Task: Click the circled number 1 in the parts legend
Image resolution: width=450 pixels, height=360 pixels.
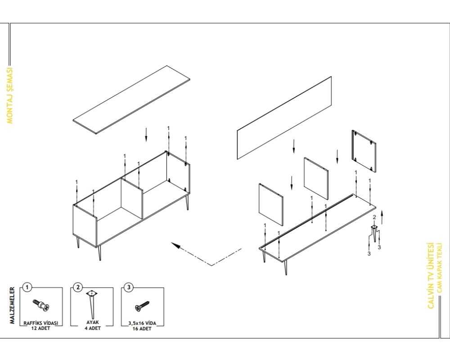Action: (x=27, y=287)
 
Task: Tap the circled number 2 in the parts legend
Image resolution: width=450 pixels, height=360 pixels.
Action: (x=78, y=287)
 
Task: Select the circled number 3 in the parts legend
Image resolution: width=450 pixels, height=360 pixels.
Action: (x=129, y=287)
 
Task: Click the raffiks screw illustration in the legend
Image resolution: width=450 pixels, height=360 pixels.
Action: (x=41, y=305)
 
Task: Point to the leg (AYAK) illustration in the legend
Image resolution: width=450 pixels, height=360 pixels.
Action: (x=92, y=304)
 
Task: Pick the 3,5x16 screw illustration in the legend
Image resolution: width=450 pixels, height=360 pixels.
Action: (x=142, y=306)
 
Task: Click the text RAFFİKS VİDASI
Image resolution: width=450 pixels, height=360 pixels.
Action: (x=41, y=323)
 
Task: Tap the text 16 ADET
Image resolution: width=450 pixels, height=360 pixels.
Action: (x=142, y=328)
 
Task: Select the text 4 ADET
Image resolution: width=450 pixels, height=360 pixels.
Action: (x=92, y=328)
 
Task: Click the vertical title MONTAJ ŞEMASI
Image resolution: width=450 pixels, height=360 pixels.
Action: (x=10, y=95)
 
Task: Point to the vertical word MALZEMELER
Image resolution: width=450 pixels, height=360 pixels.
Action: (x=12, y=306)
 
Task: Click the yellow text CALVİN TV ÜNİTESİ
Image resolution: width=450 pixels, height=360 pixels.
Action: (x=431, y=275)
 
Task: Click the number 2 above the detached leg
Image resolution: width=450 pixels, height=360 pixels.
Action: (x=374, y=217)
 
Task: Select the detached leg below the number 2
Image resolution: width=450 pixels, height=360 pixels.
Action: (x=374, y=233)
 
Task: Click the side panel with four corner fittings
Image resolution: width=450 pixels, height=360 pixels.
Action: (x=364, y=151)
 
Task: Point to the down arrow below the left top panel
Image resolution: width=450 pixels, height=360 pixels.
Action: (x=146, y=135)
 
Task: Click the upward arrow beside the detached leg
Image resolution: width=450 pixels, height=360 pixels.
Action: (x=382, y=217)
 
